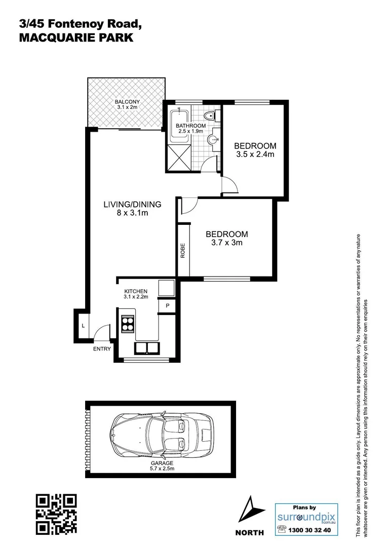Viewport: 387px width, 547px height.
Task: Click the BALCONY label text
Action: [x=127, y=101]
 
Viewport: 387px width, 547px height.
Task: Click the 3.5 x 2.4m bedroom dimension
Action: [x=255, y=154]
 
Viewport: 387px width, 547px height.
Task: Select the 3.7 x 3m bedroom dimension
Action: [x=226, y=243]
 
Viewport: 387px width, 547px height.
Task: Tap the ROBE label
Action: [x=182, y=251]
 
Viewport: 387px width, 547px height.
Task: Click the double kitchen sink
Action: [x=146, y=348]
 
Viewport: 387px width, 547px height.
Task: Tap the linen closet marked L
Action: [x=83, y=325]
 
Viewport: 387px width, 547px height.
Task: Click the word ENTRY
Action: [x=101, y=348]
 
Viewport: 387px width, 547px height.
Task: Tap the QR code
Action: [x=57, y=515]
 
